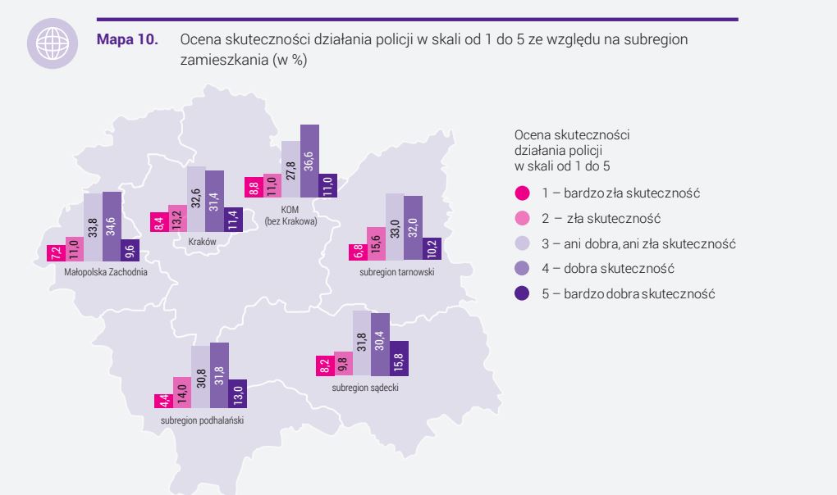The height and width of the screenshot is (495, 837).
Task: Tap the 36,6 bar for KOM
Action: (x=309, y=161)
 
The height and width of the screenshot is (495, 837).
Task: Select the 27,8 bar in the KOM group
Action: (x=290, y=170)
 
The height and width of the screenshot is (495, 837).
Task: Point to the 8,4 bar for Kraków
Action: (x=158, y=223)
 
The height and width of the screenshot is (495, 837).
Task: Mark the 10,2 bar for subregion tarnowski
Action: (x=432, y=249)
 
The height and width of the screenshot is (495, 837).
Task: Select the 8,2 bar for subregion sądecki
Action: (x=324, y=366)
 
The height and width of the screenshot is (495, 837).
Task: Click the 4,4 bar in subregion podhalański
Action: (x=162, y=401)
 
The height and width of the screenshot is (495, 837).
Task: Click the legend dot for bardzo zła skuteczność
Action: (x=521, y=194)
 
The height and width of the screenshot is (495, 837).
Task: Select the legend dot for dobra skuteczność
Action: (x=521, y=268)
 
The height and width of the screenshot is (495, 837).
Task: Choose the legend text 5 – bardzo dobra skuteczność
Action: (x=629, y=293)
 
